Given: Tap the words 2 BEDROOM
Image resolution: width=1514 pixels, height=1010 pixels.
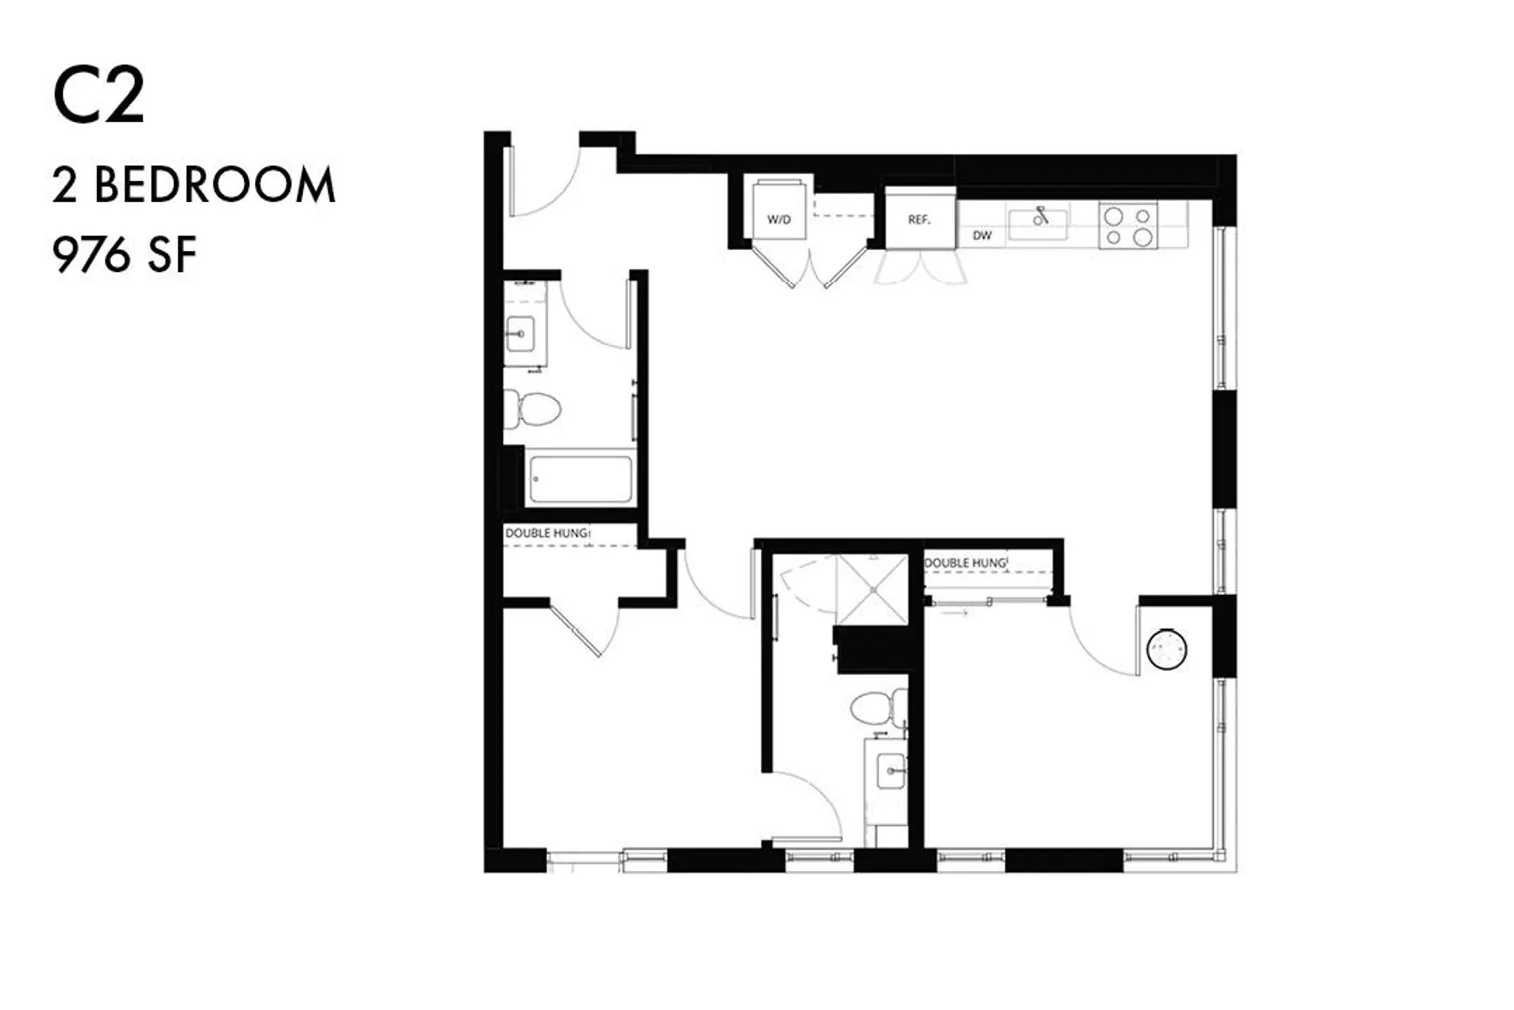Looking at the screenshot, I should click(x=193, y=185).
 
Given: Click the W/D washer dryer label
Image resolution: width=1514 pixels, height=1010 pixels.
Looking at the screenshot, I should click(x=779, y=220).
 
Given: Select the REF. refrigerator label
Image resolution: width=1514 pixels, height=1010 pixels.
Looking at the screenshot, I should click(x=918, y=220).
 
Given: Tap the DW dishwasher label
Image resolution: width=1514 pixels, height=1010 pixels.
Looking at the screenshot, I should click(x=982, y=236).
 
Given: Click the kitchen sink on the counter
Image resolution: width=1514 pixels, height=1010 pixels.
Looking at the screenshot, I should click(x=1039, y=223).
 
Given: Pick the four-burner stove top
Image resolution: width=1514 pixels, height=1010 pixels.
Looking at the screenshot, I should click(x=1129, y=226).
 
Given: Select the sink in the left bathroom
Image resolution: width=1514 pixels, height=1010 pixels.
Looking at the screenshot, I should click(x=521, y=334).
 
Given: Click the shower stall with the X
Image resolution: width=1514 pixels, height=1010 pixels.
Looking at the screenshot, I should click(x=872, y=588).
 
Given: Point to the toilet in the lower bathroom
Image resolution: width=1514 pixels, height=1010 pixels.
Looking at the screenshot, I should click(x=875, y=707).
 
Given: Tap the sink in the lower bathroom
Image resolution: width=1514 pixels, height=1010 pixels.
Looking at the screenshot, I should click(x=890, y=770).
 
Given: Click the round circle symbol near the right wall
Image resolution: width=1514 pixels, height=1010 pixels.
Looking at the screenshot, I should click(x=1167, y=649).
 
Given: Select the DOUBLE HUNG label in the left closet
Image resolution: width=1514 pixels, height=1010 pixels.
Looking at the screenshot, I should click(x=548, y=533).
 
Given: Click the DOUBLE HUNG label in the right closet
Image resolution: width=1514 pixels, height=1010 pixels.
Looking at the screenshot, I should click(x=965, y=562).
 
